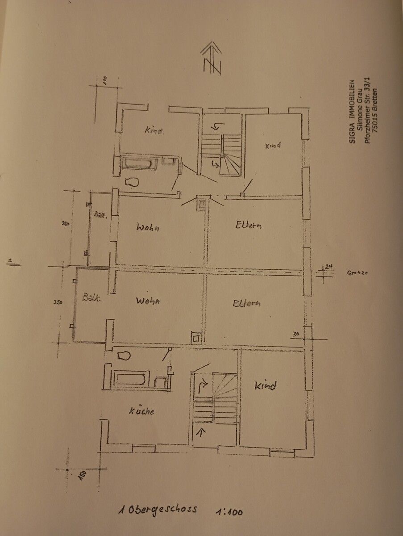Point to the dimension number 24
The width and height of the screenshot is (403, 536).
tap(329, 267)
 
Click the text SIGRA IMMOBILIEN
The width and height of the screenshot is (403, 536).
tap(352, 111)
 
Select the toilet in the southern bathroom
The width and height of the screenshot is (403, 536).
tap(123, 356)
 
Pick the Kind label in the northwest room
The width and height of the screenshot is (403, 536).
tap(154, 131)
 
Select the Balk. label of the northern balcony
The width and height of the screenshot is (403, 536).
tap(99, 215)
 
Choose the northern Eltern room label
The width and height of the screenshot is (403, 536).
tap(248, 225)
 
